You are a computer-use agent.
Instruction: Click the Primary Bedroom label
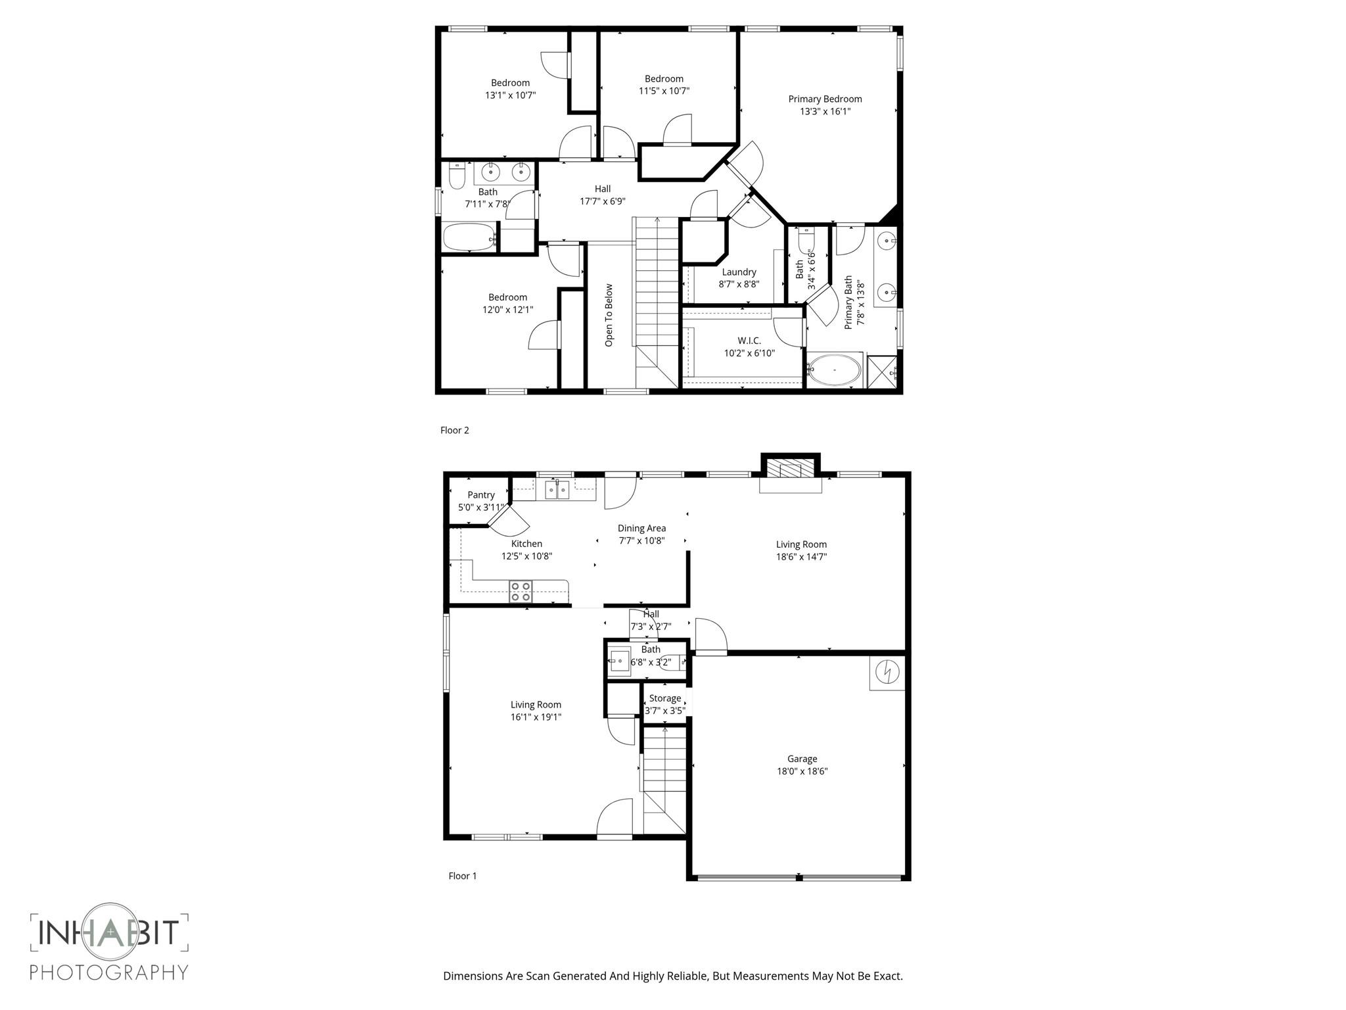[x=825, y=99]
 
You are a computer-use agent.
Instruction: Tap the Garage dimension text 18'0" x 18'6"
[x=802, y=771]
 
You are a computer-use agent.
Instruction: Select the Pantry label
[x=481, y=495]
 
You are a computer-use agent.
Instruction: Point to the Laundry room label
[x=739, y=272]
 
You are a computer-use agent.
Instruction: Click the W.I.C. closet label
[x=749, y=341]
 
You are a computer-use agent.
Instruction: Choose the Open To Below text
[x=609, y=316]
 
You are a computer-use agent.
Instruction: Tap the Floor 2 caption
[x=455, y=431]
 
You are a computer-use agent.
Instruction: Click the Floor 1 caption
[x=463, y=876]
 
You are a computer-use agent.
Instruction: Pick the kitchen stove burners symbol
[x=521, y=592]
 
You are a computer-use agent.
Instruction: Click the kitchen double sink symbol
[x=557, y=490]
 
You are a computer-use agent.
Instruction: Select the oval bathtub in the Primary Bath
[x=834, y=371]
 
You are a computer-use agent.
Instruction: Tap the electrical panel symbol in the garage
[x=887, y=673]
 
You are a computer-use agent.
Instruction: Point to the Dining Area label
[x=641, y=528]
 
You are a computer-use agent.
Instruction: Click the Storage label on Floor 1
[x=665, y=698]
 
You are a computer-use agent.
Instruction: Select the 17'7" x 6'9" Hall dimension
[x=602, y=202]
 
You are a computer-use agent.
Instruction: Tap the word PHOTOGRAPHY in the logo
[x=109, y=972]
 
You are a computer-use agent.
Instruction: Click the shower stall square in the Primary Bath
[x=882, y=372]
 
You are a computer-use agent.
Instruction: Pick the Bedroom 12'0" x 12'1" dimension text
[x=507, y=310]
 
